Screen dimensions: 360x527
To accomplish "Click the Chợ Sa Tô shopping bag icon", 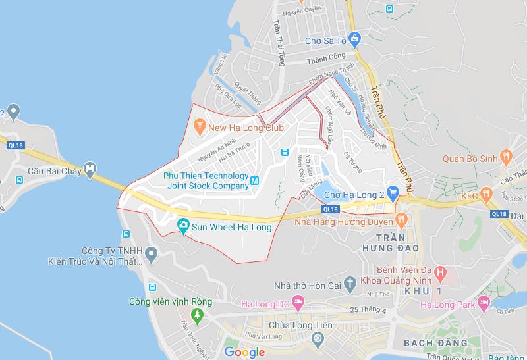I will click(354, 38).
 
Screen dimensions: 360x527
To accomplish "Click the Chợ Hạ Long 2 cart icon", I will click(394, 193).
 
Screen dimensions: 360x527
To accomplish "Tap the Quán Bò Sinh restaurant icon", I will click(506, 156).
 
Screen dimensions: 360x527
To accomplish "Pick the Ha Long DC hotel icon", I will click(299, 303).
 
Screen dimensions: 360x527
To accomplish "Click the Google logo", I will click(244, 352).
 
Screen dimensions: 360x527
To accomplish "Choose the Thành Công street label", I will click(328, 61).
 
